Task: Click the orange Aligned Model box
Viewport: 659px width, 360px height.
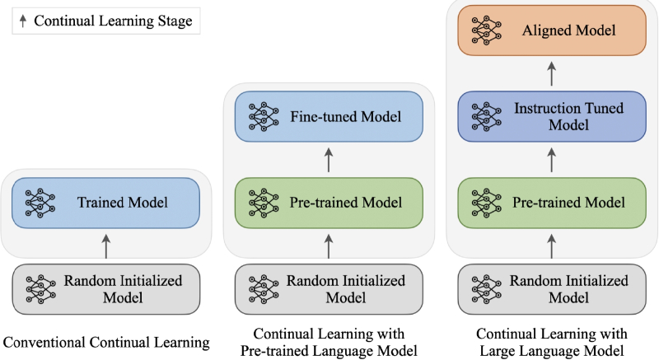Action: tap(551, 30)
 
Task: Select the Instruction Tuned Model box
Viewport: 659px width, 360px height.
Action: tap(551, 116)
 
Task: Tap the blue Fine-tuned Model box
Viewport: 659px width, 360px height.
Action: tap(329, 116)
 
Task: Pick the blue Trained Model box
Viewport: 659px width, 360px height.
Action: tap(105, 203)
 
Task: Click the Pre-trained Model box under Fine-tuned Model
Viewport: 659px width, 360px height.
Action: tap(329, 203)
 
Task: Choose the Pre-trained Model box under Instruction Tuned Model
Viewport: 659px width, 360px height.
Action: tap(551, 203)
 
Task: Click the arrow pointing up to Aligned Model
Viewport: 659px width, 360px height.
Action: tap(551, 74)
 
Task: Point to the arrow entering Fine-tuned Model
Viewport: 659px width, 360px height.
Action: tap(329, 160)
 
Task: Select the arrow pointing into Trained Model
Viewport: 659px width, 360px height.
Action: tap(106, 246)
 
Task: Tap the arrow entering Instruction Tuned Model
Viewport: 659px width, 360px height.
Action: tap(551, 160)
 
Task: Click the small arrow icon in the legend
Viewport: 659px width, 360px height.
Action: tap(23, 21)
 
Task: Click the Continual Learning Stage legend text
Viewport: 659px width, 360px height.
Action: tap(113, 21)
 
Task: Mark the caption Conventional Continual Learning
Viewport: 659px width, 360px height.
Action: tap(106, 343)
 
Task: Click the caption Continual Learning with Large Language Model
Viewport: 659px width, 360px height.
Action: tap(551, 343)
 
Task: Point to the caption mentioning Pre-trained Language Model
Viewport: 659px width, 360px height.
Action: tap(329, 343)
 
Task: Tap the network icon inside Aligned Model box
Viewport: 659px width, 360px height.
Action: tap(486, 30)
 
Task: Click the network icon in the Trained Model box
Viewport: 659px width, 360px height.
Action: tap(40, 203)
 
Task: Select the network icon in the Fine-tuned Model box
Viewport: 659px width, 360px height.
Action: tap(264, 116)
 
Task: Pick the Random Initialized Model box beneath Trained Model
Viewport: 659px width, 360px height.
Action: tap(105, 289)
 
